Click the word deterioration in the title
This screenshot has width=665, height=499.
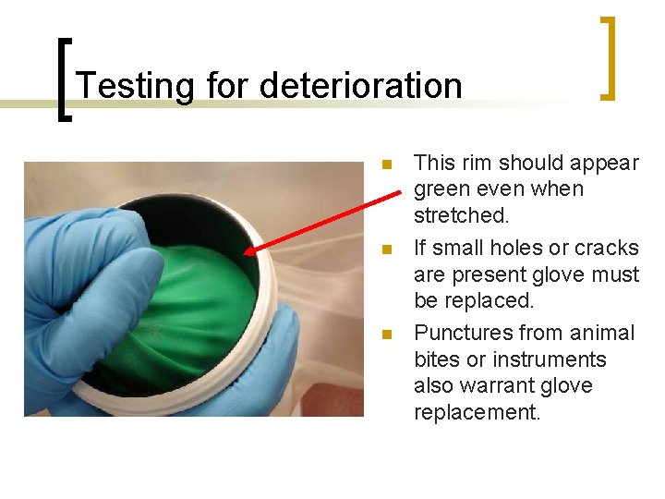point(360,86)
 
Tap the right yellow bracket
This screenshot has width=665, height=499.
point(608,57)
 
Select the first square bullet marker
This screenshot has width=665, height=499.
point(388,165)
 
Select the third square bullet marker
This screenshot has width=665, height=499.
point(388,335)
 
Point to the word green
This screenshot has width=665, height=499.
point(447,189)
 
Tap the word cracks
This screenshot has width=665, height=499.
point(606,248)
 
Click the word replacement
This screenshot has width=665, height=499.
point(477,412)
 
